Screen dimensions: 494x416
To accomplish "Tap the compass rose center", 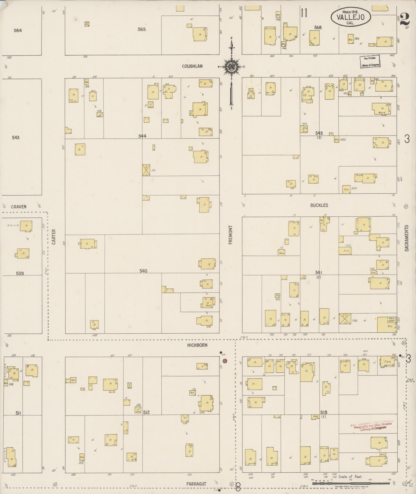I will (230, 67).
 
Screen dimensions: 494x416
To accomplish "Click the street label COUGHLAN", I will (192, 66).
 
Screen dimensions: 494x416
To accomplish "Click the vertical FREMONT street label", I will (230, 235).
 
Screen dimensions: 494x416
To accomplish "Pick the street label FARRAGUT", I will (197, 484).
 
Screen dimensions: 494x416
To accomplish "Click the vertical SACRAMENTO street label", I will (406, 238).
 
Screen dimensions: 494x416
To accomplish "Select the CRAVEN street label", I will (19, 207).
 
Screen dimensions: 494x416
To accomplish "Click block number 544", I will (142, 136).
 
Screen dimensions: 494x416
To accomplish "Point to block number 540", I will (143, 271).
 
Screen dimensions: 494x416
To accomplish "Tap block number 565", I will (142, 29).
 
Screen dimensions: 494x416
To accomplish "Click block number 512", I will (146, 412).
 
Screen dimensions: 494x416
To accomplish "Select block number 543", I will (15, 138).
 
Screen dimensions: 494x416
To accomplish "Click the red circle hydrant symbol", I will (225, 361).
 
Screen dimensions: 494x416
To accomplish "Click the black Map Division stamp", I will (370, 61).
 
